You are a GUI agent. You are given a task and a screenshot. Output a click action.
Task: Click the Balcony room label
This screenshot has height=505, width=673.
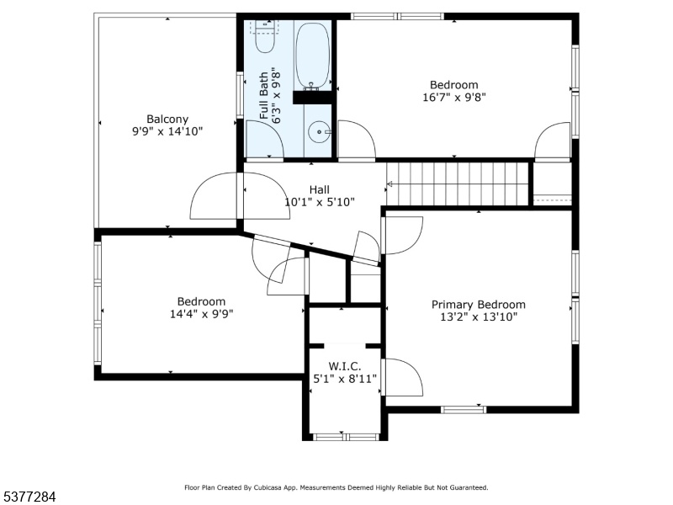(167, 119)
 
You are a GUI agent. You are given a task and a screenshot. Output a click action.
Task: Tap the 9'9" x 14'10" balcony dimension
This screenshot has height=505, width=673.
(167, 131)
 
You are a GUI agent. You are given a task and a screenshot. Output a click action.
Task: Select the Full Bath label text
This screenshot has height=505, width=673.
(264, 96)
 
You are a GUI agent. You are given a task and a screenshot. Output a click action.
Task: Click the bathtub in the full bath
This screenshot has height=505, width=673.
(313, 56)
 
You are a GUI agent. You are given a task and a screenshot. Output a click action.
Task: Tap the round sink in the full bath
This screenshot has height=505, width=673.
(319, 132)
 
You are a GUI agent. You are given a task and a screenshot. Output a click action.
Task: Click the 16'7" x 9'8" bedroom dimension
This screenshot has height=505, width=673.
(454, 97)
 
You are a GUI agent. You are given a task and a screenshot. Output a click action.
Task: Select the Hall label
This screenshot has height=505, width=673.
(320, 190)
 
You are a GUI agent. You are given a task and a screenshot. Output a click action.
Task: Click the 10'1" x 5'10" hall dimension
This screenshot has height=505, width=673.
(320, 202)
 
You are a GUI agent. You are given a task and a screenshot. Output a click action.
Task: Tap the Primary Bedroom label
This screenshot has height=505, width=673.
(478, 305)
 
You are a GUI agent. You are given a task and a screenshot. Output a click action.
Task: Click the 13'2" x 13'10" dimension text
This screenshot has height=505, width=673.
(479, 317)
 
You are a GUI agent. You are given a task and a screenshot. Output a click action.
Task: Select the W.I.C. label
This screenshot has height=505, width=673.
(345, 366)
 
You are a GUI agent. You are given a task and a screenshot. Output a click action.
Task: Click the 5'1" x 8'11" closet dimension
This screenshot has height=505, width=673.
(345, 379)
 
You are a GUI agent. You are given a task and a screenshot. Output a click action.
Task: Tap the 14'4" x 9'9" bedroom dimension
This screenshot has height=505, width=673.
(201, 314)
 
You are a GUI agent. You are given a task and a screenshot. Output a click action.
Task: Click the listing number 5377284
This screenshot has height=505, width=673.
(29, 497)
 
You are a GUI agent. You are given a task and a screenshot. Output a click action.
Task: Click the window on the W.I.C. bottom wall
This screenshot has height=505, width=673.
(346, 437)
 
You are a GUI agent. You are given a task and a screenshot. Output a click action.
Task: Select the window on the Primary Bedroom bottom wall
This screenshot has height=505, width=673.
(464, 410)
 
